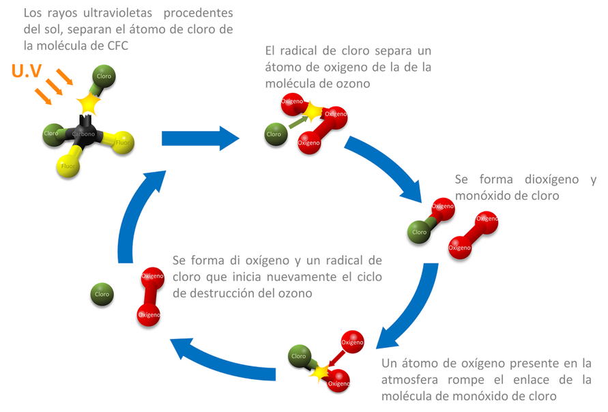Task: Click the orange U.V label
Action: pyautogui.click(x=26, y=72)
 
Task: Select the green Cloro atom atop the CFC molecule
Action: pyautogui.click(x=104, y=75)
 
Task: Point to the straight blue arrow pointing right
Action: pyautogui.click(x=201, y=138)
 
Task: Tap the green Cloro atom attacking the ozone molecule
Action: pyautogui.click(x=274, y=134)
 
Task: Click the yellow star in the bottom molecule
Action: pyautogui.click(x=318, y=372)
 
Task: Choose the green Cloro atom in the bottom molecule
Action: pyautogui.click(x=298, y=356)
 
